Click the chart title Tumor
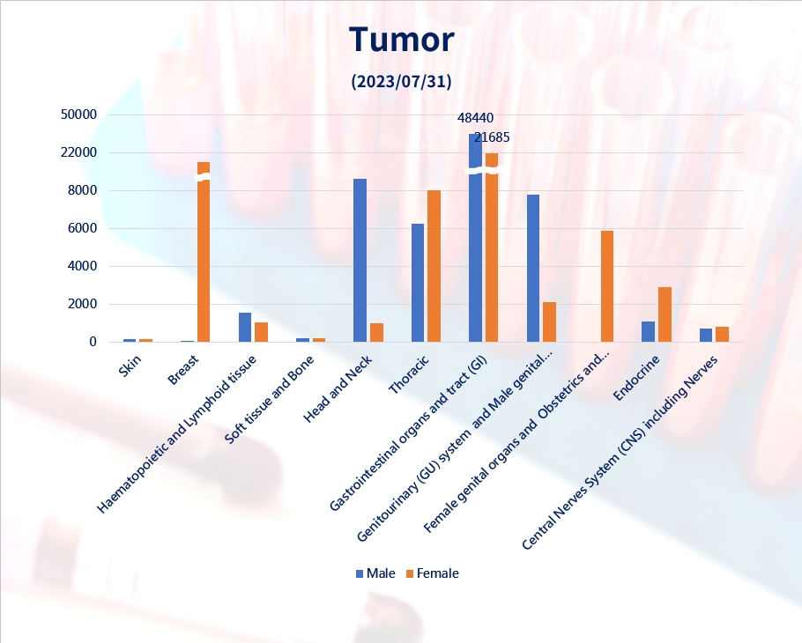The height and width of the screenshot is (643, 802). tap(402, 40)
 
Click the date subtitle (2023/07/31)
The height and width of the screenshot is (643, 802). tap(402, 81)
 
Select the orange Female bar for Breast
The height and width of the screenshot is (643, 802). tap(204, 252)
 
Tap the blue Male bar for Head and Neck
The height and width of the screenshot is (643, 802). tap(360, 260)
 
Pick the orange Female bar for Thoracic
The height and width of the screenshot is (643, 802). tap(434, 266)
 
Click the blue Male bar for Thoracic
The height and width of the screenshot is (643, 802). tap(418, 283)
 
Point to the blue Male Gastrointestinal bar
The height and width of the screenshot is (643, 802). tap(475, 238)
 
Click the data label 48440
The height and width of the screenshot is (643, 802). tap(475, 118)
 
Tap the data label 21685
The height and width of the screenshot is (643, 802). tap(492, 137)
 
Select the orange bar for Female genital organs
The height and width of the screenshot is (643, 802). tap(607, 286)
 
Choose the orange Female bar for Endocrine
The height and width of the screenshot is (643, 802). tap(665, 314)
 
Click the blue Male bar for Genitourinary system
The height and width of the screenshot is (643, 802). tap(533, 269)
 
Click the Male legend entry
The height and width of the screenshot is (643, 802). tap(375, 573)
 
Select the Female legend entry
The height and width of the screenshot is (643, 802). tap(432, 573)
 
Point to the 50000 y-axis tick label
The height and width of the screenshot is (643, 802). tap(78, 115)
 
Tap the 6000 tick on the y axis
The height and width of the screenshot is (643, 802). tap(82, 228)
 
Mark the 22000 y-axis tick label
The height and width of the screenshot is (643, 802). tap(78, 152)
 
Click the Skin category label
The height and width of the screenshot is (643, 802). tap(130, 366)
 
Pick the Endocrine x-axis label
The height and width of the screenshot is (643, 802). tap(636, 378)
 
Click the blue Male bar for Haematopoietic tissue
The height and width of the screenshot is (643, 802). tap(245, 327)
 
